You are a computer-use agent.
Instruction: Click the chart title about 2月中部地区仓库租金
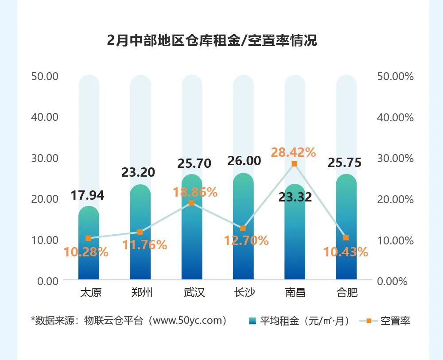(x=212, y=41)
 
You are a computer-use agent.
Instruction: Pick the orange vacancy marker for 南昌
(x=295, y=164)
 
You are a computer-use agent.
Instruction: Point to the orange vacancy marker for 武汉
(x=191, y=203)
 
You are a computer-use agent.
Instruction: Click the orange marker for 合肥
(x=346, y=238)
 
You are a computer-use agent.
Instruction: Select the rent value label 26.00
(x=244, y=161)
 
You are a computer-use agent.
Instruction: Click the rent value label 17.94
(x=87, y=195)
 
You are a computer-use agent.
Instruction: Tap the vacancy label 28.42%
(x=293, y=152)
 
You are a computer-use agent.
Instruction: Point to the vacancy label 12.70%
(x=246, y=240)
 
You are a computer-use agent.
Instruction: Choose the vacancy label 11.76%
(x=145, y=244)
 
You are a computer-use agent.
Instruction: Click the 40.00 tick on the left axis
(x=45, y=117)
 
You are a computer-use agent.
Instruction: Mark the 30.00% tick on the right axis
(x=395, y=158)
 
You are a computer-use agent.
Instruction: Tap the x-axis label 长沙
(x=244, y=293)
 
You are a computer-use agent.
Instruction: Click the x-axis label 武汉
(x=192, y=293)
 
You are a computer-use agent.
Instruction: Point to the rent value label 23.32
(x=295, y=197)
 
